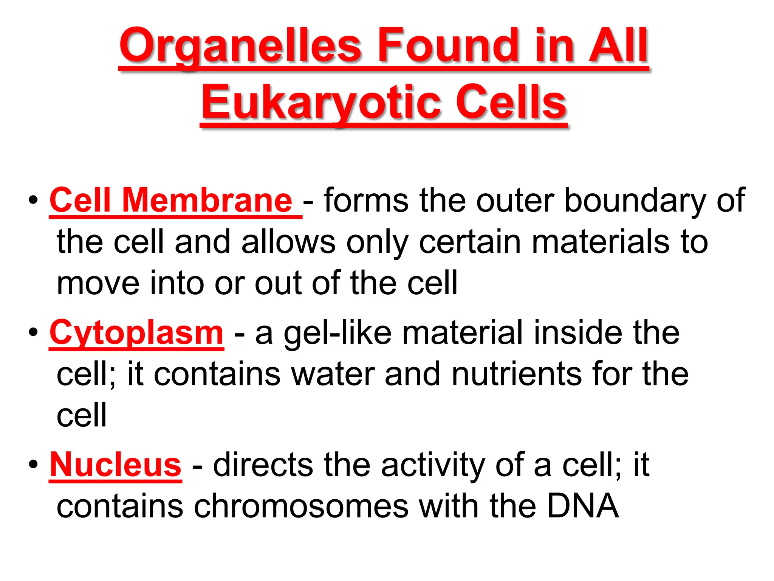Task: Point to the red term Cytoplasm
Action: click(136, 333)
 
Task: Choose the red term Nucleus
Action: click(116, 465)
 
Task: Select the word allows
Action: click(288, 242)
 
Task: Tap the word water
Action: click(333, 374)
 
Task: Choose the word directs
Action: click(263, 465)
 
